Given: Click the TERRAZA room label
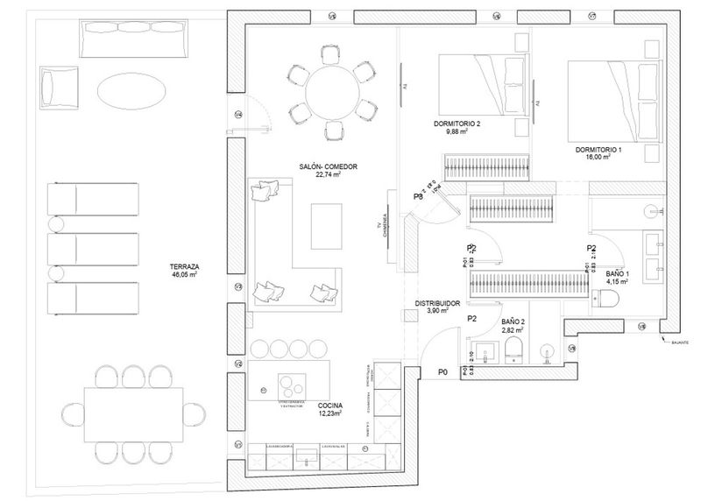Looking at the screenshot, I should [187, 269].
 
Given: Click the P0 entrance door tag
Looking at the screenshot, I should [443, 373].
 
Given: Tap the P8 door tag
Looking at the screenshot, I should [418, 197].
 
